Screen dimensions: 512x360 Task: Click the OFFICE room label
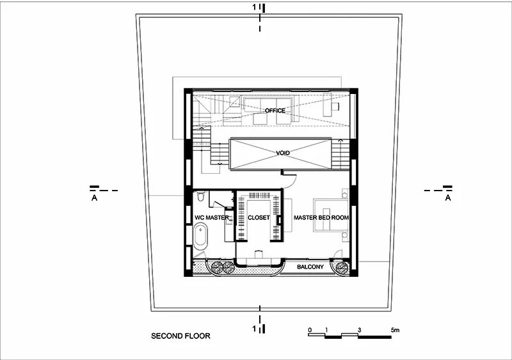275,111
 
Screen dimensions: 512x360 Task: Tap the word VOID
283,153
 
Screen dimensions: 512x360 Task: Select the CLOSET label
259,217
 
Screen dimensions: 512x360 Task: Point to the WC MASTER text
212,217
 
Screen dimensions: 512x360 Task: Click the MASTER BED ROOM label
321,217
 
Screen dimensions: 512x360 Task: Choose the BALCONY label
310,267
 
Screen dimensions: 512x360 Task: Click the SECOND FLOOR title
180,336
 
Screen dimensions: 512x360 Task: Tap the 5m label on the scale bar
395,330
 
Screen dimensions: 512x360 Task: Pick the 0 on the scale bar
310,330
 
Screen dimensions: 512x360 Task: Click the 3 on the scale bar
359,330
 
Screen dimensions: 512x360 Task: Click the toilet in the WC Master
201,196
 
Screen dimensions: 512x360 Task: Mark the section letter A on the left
94,198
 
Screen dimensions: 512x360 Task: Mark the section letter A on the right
448,198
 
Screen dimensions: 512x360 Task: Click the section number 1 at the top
254,7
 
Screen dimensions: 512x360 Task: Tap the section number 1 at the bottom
254,329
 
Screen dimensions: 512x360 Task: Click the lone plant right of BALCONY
342,267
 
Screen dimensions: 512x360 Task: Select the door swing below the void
291,180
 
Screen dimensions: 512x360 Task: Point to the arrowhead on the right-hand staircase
340,140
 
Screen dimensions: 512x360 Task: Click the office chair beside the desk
335,106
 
